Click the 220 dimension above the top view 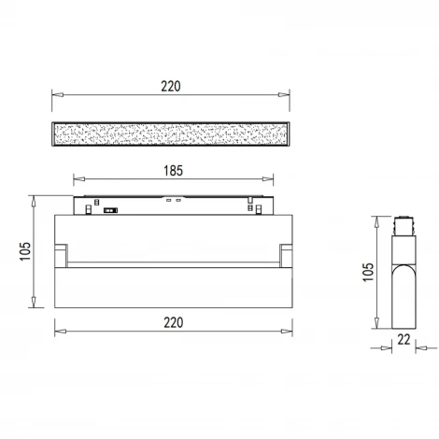point(171,86)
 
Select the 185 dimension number point(173,171)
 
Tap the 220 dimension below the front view point(174,322)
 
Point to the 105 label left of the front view point(25,251)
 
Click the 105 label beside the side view point(368,272)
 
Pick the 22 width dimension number point(404,339)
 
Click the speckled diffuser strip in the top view point(171,135)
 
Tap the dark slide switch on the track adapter point(110,210)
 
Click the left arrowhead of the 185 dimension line point(79,178)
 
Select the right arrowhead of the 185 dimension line point(268,178)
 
